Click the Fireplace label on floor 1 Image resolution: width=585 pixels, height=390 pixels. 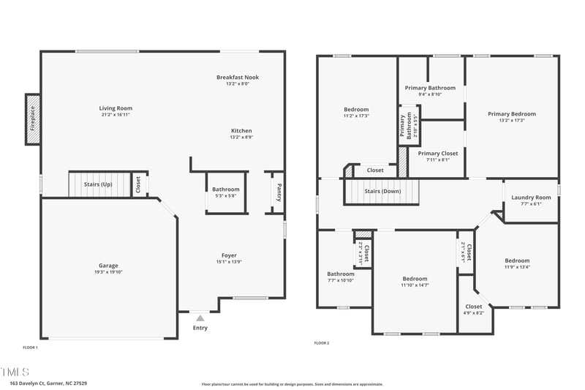32,119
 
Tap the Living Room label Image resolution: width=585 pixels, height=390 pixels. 116,108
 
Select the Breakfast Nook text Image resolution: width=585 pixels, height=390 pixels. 238,78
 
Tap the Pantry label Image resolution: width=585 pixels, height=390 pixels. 279,192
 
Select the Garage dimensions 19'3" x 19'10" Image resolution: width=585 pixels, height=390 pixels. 108,272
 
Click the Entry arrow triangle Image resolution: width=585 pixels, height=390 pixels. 200,318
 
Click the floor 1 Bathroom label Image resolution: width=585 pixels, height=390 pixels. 226,190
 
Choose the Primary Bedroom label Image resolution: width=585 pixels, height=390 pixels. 512,114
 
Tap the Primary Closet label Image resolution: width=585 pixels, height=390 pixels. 438,154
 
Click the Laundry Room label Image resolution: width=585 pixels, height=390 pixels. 531,198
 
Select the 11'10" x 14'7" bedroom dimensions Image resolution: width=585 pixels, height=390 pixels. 415,285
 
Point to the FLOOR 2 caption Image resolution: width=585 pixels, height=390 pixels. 322,343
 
